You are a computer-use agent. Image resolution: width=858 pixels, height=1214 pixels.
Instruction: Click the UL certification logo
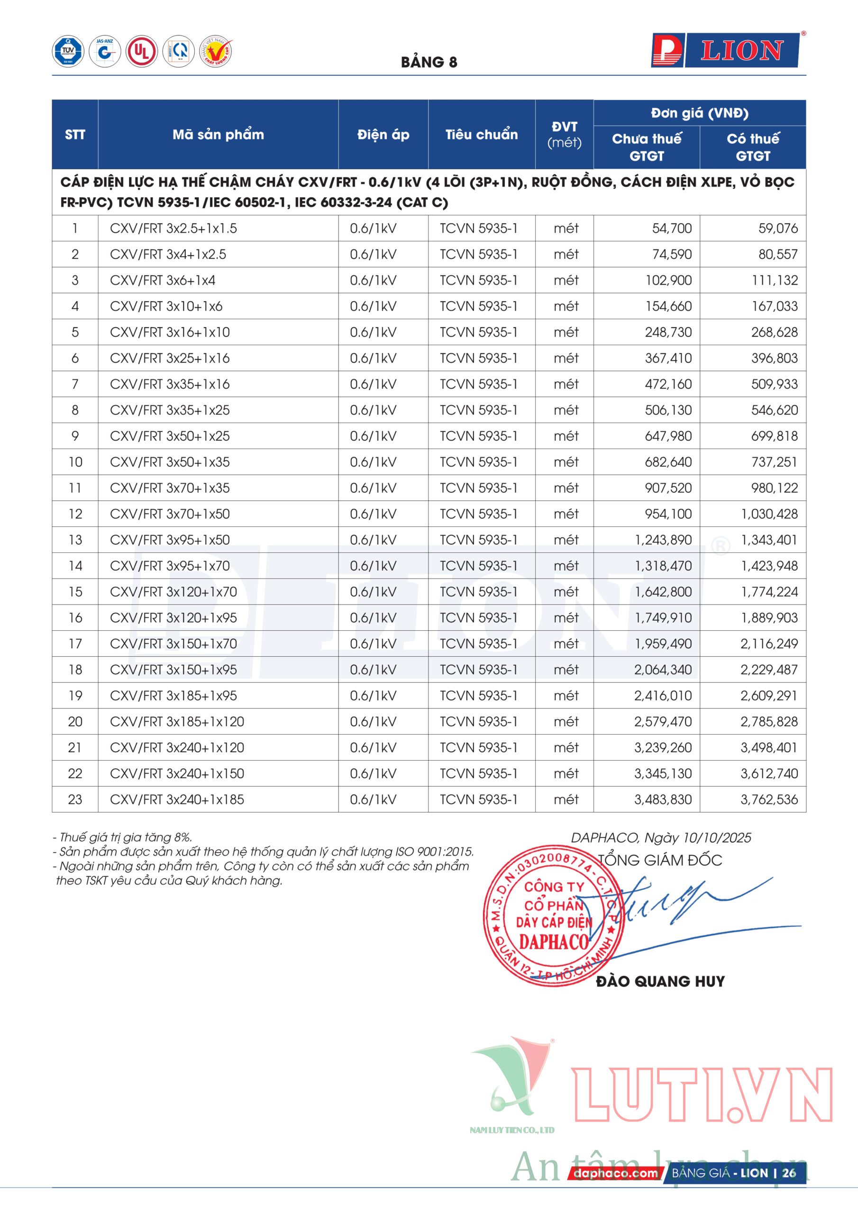[x=141, y=51]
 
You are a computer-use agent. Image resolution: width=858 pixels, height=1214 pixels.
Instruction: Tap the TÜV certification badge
[x=68, y=51]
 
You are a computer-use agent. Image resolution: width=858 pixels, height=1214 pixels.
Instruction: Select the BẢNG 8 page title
[x=429, y=63]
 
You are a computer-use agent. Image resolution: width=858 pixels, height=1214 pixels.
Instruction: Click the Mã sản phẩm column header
[x=218, y=134]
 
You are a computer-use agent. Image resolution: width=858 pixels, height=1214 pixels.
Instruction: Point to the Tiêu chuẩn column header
[x=481, y=134]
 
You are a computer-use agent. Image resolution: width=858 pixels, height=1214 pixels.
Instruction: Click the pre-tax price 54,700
[x=671, y=229]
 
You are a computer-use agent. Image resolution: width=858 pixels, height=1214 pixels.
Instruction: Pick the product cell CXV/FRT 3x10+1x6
[x=166, y=306]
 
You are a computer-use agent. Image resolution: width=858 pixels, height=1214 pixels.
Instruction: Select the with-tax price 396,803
[x=774, y=358]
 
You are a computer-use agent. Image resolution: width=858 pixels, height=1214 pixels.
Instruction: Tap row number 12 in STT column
[x=75, y=514]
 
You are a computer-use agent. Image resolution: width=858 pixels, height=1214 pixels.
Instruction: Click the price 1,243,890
[x=663, y=540]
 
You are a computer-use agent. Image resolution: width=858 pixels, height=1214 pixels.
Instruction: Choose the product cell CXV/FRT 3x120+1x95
[x=173, y=617]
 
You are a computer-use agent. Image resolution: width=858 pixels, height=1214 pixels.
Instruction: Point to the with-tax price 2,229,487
[x=769, y=670]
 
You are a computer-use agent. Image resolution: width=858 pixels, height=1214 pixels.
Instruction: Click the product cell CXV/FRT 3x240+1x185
[x=177, y=800]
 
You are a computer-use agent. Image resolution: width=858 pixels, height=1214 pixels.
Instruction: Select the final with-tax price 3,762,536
[x=769, y=800]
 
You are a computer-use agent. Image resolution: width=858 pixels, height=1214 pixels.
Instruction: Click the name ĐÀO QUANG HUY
[x=660, y=982]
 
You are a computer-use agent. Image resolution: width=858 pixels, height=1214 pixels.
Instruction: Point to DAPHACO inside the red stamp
[x=553, y=942]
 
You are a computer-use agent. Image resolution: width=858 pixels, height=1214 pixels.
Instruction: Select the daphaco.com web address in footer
[x=615, y=1173]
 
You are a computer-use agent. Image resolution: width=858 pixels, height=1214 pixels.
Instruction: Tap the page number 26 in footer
[x=789, y=1173]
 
